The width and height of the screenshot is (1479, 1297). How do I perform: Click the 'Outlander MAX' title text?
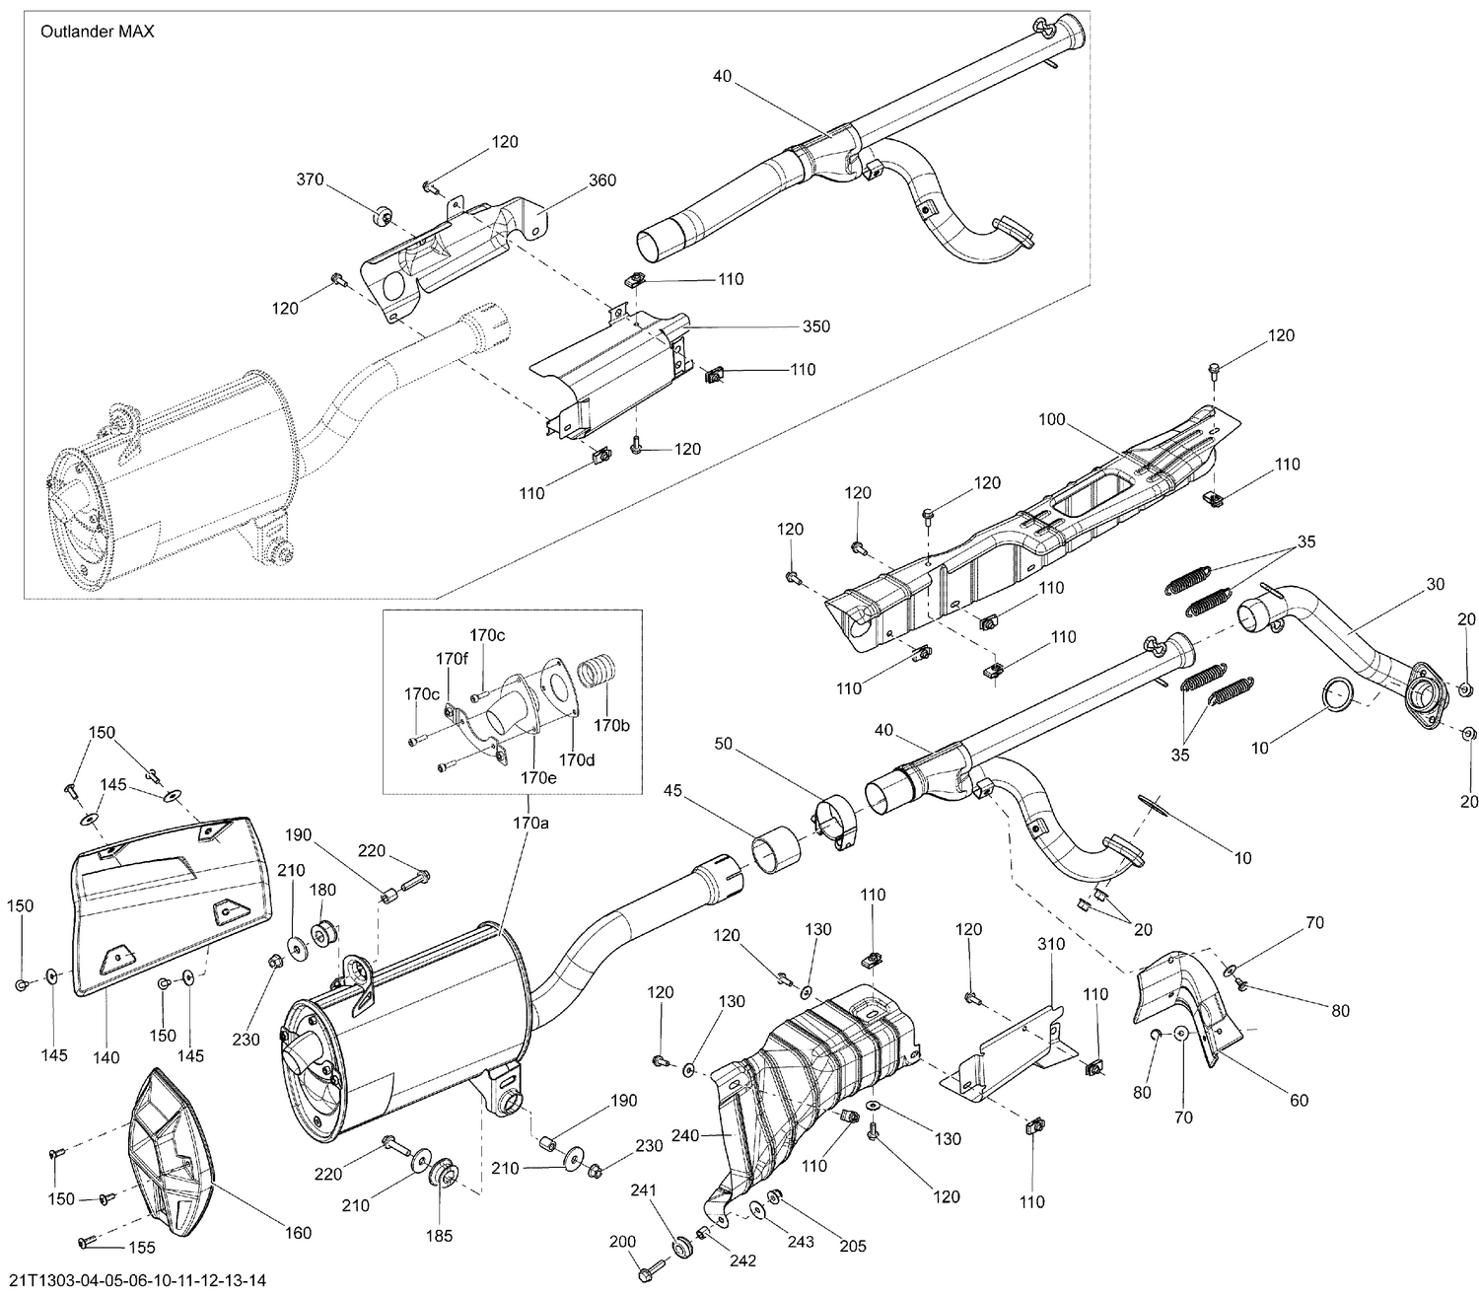97,32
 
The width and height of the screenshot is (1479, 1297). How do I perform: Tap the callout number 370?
310,180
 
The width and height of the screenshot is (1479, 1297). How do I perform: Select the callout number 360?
602,180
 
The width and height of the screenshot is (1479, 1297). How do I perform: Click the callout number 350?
816,326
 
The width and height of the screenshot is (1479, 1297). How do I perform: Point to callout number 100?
1052,419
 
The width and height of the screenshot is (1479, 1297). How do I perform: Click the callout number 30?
1435,584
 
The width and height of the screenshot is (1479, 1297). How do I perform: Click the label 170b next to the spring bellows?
611,725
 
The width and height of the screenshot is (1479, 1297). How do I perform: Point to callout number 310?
1051,944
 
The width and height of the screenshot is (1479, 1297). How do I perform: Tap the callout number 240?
684,1135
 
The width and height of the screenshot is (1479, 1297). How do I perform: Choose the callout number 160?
298,1232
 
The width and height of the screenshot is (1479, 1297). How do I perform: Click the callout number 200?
623,1242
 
